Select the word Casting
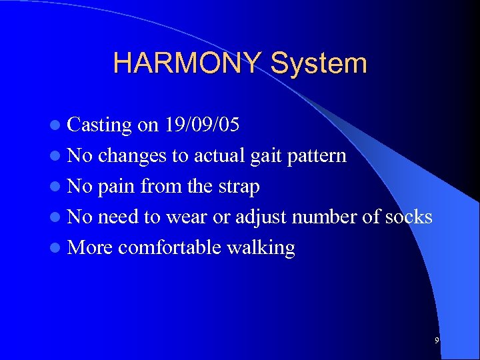point(100,125)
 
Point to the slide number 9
point(436,341)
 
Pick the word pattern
point(319,156)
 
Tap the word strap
point(237,187)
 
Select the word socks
point(408,217)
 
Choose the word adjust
point(264,217)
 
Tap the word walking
point(261,248)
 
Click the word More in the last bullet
point(91,248)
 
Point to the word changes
point(133,156)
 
